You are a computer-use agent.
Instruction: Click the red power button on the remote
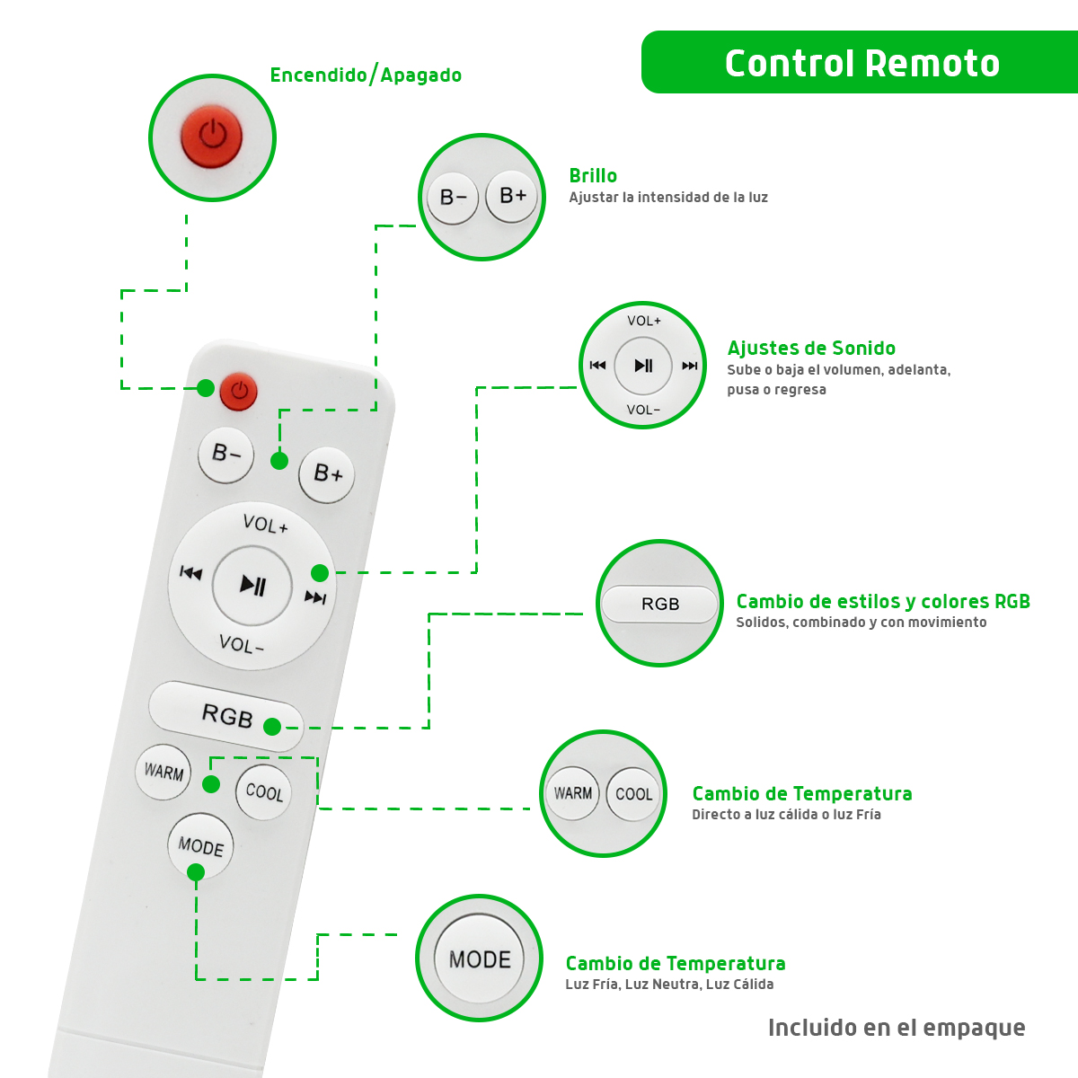pos(239,392)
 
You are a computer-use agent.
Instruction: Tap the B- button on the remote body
pos(226,455)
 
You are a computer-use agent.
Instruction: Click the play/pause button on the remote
pos(252,586)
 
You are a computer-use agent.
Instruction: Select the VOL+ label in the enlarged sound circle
pos(644,321)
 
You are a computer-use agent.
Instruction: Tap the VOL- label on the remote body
pos(242,644)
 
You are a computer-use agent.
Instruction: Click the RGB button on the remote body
pos(226,715)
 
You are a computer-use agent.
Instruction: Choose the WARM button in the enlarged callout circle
pos(572,793)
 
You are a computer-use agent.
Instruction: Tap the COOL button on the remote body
pos(264,791)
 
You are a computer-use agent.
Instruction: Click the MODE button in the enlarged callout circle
pos(480,959)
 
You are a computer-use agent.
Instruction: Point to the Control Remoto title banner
pos(862,63)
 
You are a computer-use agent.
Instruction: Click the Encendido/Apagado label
pos(366,75)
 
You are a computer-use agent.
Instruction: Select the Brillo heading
pos(593,176)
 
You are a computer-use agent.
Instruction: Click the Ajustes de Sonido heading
pos(811,349)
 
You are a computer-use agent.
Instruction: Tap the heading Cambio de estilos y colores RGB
pos(883,602)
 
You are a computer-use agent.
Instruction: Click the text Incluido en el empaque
pos(897,1028)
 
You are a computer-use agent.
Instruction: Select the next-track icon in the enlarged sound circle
pos(689,366)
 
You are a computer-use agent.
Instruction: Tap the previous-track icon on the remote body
pos(191,573)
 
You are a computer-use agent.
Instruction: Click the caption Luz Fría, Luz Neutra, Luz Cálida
pos(669,985)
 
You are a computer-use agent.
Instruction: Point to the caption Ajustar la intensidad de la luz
pos(668,198)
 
